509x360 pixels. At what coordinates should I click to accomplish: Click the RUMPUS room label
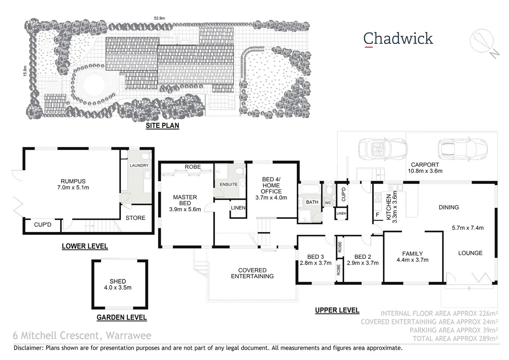click(x=73, y=184)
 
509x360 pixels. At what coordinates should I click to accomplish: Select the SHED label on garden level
click(x=118, y=284)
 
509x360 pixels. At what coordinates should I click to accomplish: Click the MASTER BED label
click(x=185, y=203)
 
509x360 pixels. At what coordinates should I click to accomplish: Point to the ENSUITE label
click(x=229, y=184)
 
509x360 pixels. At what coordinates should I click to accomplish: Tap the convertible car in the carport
click(x=383, y=148)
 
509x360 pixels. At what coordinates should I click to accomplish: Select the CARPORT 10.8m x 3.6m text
click(x=425, y=168)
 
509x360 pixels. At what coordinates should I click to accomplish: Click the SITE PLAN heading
click(x=162, y=126)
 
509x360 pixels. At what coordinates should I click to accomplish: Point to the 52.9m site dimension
click(x=159, y=18)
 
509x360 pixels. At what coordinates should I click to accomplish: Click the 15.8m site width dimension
click(x=25, y=71)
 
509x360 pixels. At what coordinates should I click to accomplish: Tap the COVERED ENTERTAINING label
click(x=252, y=273)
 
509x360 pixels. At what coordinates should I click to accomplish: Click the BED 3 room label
click(x=315, y=260)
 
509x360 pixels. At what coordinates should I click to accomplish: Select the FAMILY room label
click(x=412, y=257)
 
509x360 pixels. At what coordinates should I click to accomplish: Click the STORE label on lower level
click(x=135, y=218)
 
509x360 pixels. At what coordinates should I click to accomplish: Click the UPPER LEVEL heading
click(x=337, y=310)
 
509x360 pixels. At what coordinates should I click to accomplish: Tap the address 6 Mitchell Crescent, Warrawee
click(x=82, y=335)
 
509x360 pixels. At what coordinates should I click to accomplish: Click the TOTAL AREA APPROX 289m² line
click(x=455, y=339)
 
